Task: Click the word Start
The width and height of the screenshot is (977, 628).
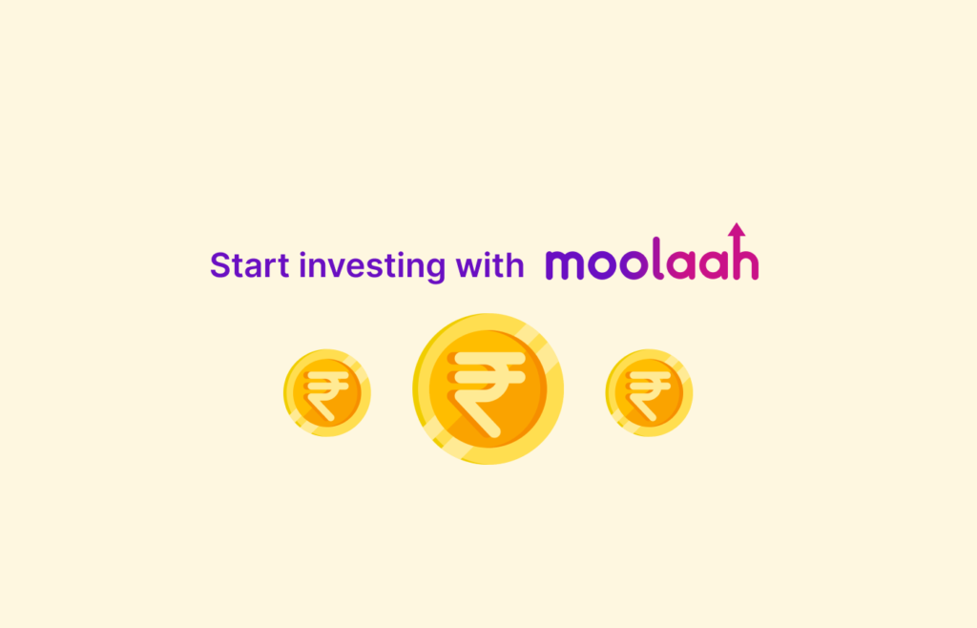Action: (250, 264)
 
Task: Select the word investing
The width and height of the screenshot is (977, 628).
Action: (372, 266)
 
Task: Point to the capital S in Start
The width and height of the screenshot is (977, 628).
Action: (220, 264)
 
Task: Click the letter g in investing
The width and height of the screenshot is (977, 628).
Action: (435, 270)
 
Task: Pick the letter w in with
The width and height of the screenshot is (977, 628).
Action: (469, 267)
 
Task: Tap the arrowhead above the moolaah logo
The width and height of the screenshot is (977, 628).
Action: (738, 229)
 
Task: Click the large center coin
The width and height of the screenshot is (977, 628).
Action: (488, 388)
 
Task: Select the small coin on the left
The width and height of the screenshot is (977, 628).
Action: (327, 392)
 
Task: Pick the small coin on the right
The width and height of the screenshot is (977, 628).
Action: (649, 392)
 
